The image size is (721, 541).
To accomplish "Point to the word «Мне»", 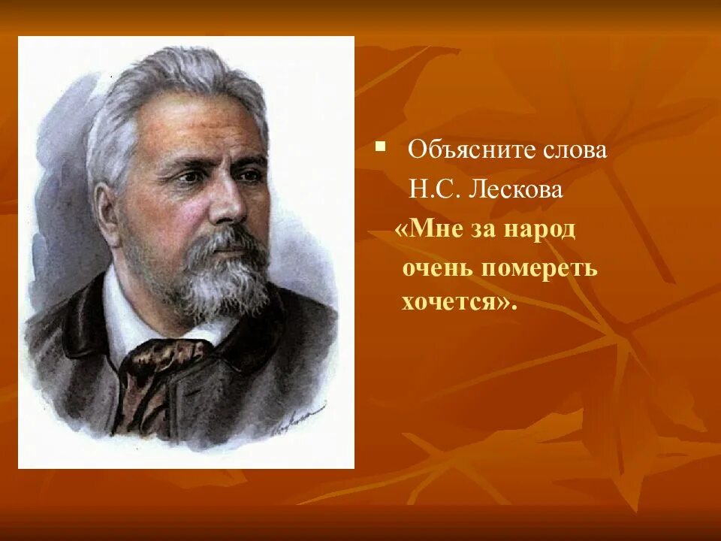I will (x=430, y=228).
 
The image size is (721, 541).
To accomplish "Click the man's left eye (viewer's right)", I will (x=249, y=175).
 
